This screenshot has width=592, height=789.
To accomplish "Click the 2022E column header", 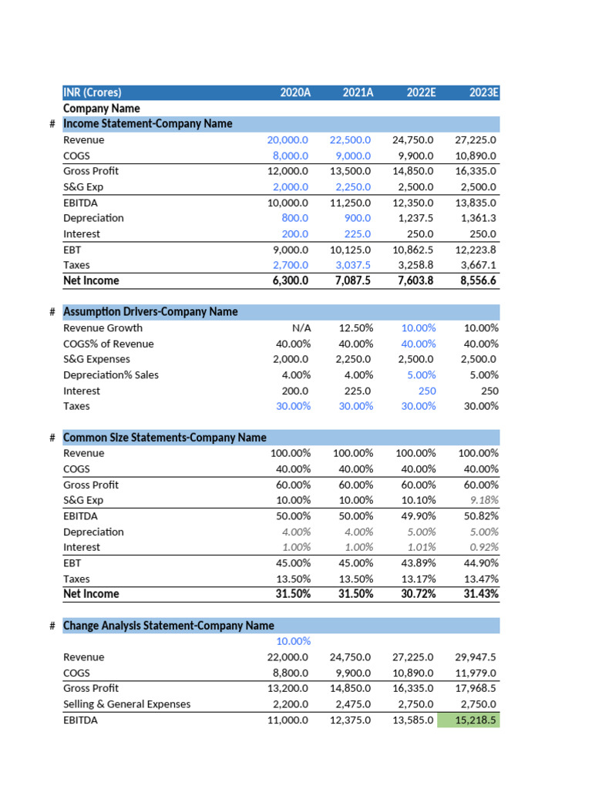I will pos(421,92).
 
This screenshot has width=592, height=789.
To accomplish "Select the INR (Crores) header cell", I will pos(92,92).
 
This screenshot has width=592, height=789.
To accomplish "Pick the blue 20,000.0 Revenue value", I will pos(288,140).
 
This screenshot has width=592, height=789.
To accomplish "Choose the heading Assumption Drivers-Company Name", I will pos(150,311).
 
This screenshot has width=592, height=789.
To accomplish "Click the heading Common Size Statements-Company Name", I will pos(165,438).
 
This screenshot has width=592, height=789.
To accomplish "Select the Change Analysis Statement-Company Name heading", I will pos(169,626).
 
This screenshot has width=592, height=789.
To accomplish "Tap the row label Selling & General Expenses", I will pos(126,703).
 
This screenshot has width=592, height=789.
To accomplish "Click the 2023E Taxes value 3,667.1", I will pos(477,265).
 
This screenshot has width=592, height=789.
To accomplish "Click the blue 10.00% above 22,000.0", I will pos(294,641).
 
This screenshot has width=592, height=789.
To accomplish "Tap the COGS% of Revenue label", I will pos(109,344).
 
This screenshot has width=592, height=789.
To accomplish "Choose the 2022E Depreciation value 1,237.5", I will pos(413,218).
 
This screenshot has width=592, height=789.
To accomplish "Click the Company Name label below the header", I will pos(102,109).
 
